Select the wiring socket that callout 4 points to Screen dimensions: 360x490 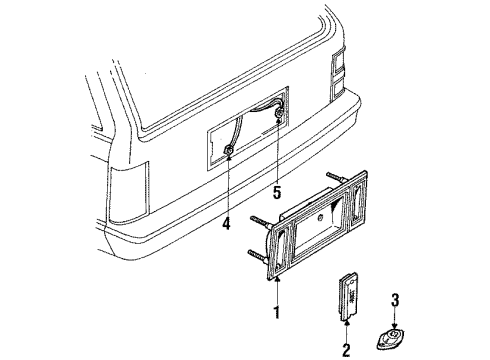[229, 150]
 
